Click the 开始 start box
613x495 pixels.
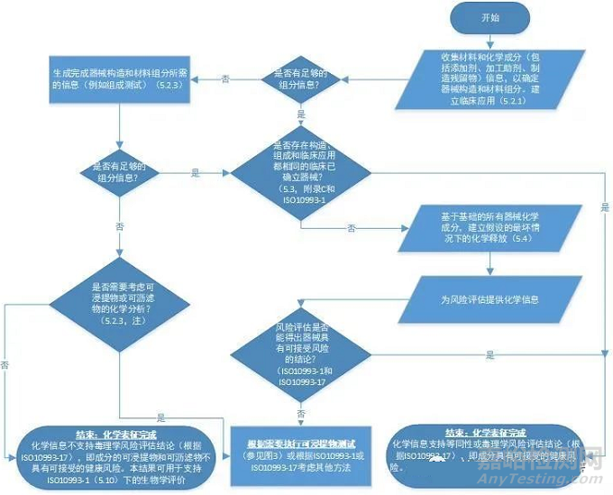(x=491, y=17)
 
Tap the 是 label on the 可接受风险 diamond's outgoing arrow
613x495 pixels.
(x=490, y=353)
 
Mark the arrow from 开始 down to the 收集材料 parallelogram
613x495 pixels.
(x=491, y=39)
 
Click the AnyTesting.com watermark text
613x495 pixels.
(x=546, y=479)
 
